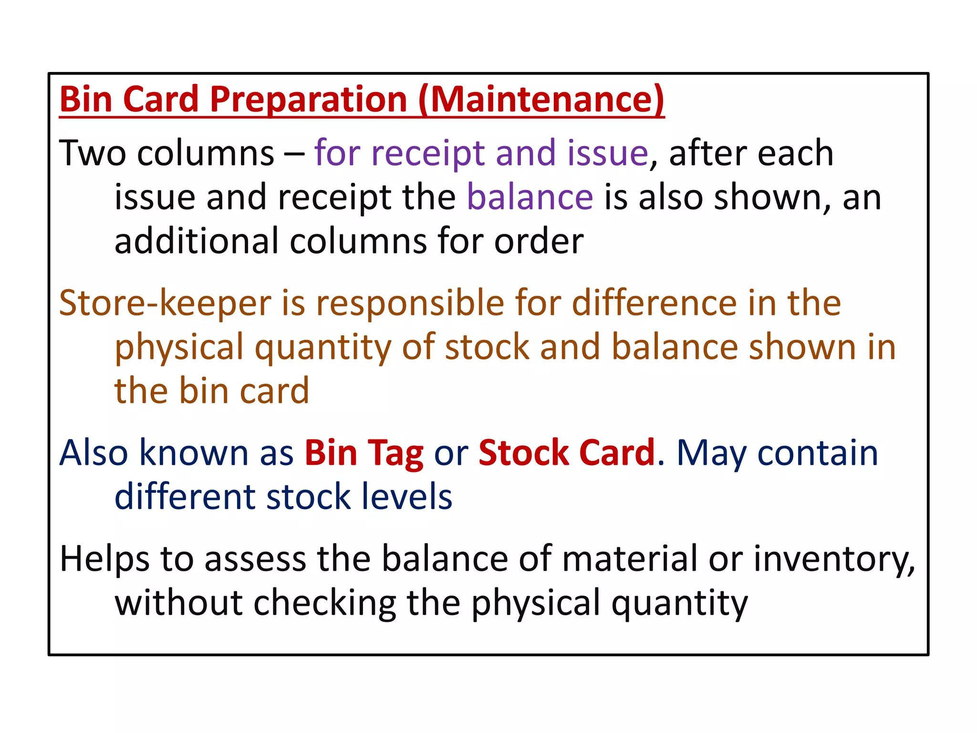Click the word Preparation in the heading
308,100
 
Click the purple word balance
530,197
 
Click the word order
539,241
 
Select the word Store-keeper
165,303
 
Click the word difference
654,303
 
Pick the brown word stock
487,347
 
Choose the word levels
406,497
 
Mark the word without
179,603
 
